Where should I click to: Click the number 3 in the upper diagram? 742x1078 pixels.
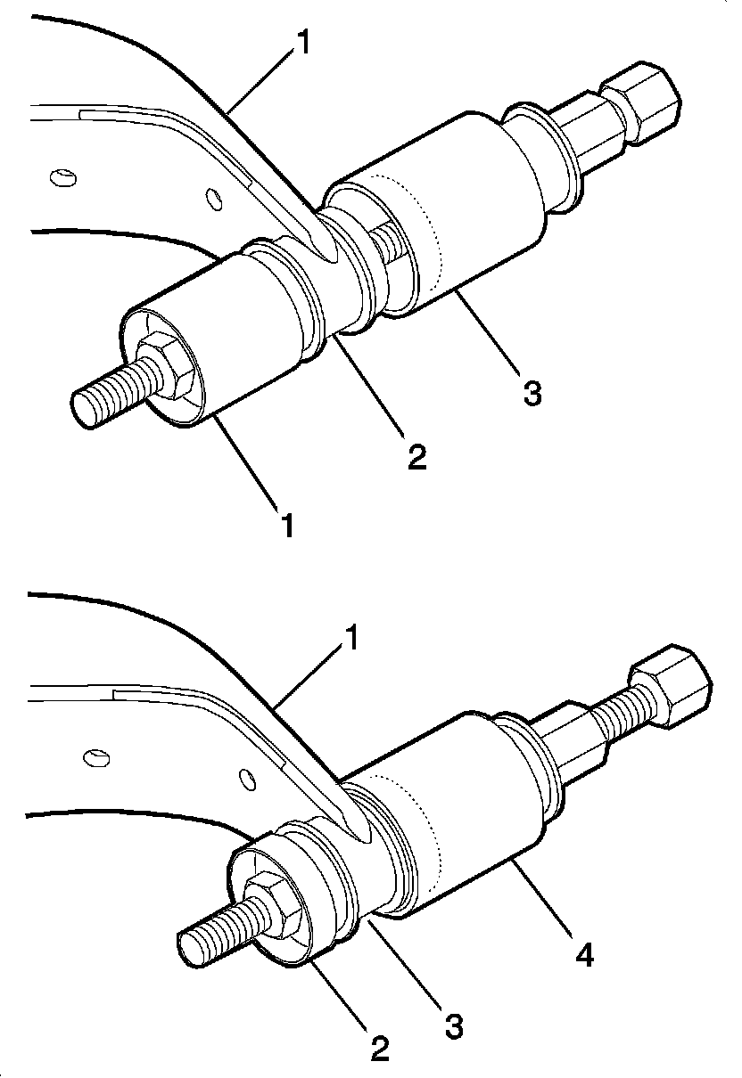click(532, 392)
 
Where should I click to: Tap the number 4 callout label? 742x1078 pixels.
click(585, 955)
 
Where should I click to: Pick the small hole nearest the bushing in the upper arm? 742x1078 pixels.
click(214, 198)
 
